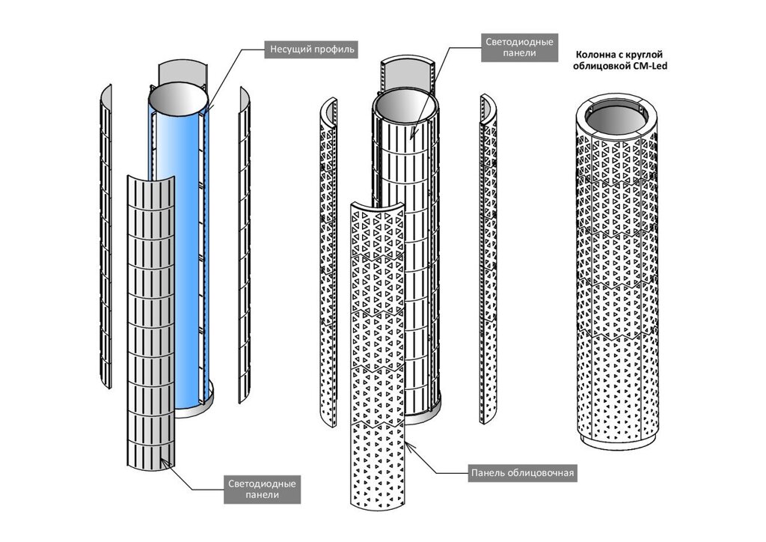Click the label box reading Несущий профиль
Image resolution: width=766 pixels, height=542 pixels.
click(x=310, y=50)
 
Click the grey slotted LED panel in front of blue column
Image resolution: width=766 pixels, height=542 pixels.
click(x=150, y=314)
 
